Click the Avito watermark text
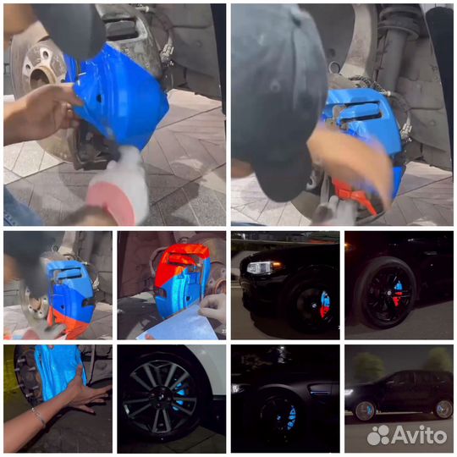[419, 436]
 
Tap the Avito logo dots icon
[378, 435]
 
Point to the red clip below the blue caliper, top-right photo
[355, 194]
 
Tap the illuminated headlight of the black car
[261, 267]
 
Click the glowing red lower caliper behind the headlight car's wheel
[324, 311]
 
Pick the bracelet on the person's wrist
[39, 417]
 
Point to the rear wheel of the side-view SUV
[443, 410]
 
